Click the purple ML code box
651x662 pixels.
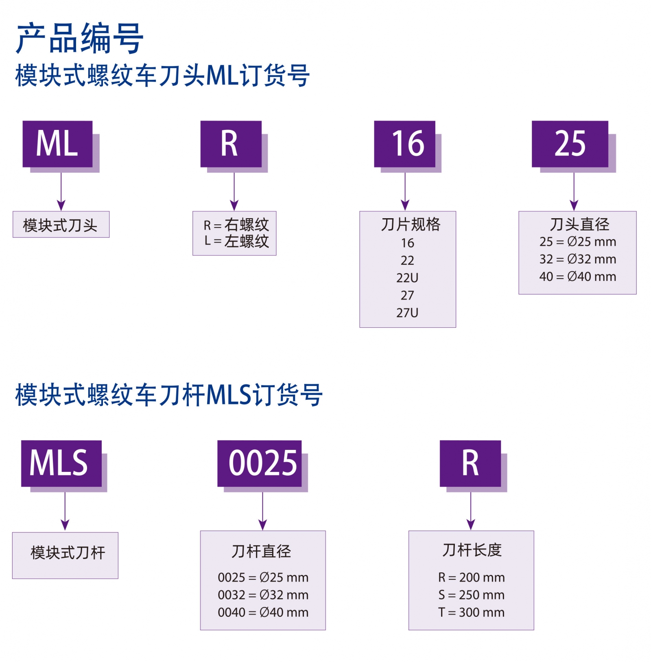pyautogui.click(x=57, y=144)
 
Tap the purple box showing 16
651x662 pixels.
pyautogui.click(x=404, y=144)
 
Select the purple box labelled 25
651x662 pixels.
pyautogui.click(x=570, y=144)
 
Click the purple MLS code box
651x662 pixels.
pyautogui.click(x=61, y=463)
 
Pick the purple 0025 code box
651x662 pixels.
pyautogui.click(x=260, y=463)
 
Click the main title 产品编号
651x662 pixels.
pyautogui.click(x=79, y=39)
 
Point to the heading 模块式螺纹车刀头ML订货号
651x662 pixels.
pyautogui.click(x=162, y=76)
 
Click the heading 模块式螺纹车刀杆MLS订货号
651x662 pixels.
pyautogui.click(x=169, y=395)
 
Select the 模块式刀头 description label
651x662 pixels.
pyautogui.click(x=61, y=225)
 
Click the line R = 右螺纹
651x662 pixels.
pyautogui.click(x=236, y=224)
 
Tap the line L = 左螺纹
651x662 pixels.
pyautogui.click(x=236, y=241)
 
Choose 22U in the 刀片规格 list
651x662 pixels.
pyautogui.click(x=407, y=278)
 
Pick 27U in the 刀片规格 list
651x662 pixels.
pyautogui.click(x=407, y=313)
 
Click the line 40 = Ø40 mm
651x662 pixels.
pyautogui.click(x=577, y=276)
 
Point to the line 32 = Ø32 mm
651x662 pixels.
pyautogui.click(x=577, y=259)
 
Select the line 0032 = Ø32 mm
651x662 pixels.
pyautogui.click(x=263, y=595)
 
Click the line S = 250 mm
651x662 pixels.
pyautogui.click(x=471, y=595)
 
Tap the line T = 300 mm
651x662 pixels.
pyautogui.click(x=471, y=612)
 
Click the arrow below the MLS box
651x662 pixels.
pyautogui.click(x=65, y=511)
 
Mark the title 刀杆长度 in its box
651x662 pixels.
pyautogui.click(x=472, y=550)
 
